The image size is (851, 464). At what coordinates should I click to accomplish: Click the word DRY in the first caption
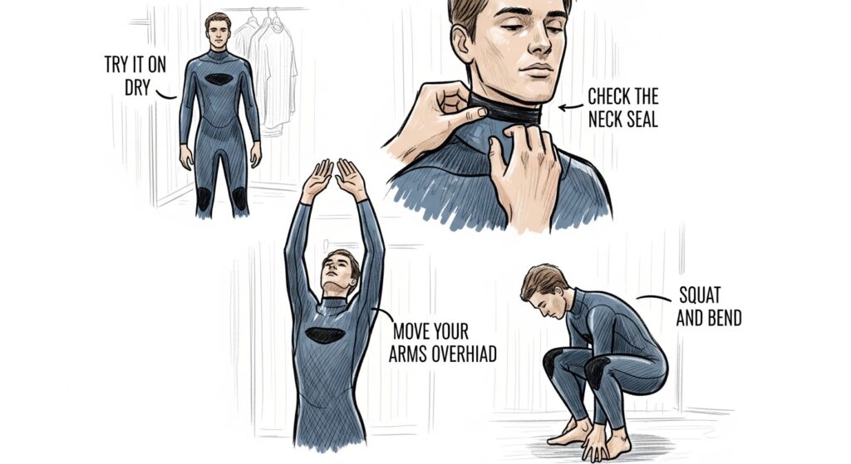tap(137, 86)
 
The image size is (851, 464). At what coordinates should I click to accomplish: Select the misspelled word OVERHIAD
tap(464, 354)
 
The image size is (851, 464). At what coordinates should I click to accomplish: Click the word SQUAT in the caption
tap(700, 295)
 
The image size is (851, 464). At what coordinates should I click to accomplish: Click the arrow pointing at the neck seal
tap(570, 107)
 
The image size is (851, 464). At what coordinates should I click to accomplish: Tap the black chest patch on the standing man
tap(219, 79)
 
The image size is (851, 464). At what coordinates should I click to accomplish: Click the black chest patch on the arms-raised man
tap(325, 335)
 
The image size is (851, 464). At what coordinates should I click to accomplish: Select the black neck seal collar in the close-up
tap(504, 110)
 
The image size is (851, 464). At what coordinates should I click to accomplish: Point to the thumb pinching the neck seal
tap(470, 114)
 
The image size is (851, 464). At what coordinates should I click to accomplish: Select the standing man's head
tap(218, 32)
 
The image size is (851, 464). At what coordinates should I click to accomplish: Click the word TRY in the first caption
tap(116, 65)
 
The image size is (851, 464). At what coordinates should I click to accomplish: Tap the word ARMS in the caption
tap(408, 354)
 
